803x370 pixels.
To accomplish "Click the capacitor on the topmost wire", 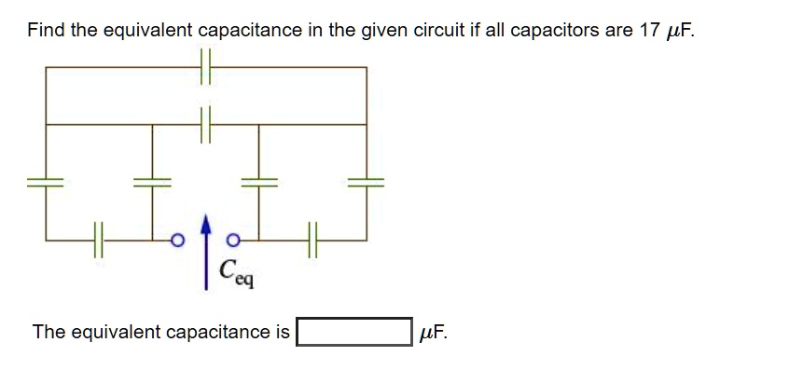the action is click(x=207, y=67).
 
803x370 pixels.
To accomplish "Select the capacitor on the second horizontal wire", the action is click(x=207, y=123).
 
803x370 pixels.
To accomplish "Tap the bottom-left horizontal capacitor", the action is click(x=98, y=239).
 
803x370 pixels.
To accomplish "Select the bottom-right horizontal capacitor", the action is click(x=312, y=239).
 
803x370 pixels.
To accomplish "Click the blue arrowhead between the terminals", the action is click(x=206, y=226).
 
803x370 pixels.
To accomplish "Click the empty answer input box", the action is click(x=353, y=332).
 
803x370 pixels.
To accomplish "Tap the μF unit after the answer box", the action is click(x=434, y=332).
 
